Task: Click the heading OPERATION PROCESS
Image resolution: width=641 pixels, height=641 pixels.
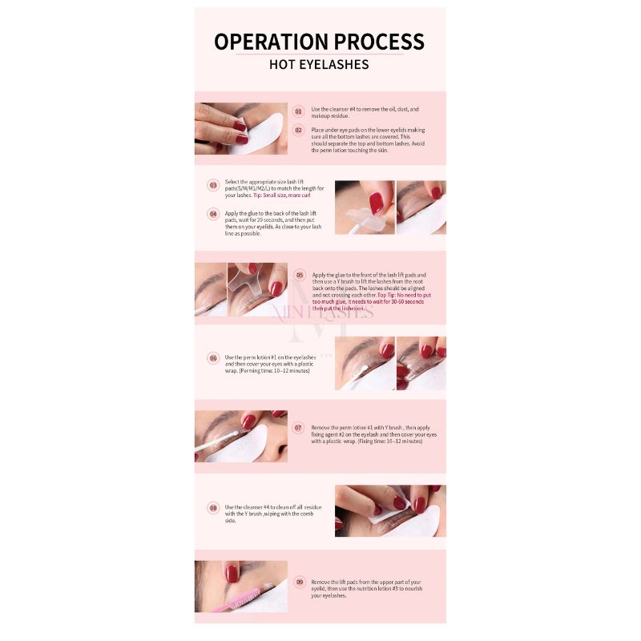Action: tap(319, 42)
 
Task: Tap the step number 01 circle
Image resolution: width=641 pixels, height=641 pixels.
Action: tap(298, 111)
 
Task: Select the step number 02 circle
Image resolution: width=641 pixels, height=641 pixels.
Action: tap(298, 130)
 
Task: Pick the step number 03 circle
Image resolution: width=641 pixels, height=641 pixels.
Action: tap(213, 185)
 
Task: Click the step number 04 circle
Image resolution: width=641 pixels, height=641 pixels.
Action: tap(213, 214)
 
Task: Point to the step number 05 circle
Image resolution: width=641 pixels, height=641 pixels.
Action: tap(300, 274)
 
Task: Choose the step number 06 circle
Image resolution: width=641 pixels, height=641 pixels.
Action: tap(213, 358)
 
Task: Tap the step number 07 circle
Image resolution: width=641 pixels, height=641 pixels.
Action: tap(298, 428)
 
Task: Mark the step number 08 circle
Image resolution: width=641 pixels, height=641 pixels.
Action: tap(213, 507)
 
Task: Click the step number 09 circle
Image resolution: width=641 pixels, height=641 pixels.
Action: tap(299, 583)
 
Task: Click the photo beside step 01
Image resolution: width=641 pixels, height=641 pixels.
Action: tap(240, 128)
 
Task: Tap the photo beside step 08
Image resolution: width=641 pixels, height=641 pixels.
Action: tap(390, 510)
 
